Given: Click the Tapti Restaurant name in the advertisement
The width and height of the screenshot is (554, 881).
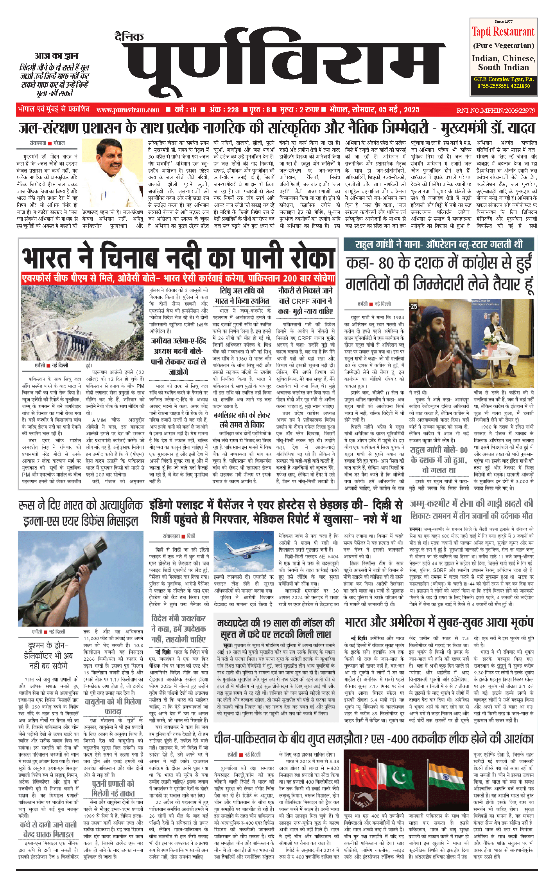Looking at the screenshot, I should click(503, 32).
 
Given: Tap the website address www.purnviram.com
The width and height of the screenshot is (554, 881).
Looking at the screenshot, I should click(128, 110).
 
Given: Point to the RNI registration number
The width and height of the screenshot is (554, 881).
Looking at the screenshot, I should click(495, 110).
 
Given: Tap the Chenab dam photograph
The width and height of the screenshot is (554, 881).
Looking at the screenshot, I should click(83, 323).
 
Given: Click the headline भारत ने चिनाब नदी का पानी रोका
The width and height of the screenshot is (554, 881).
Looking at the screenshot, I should click(179, 258).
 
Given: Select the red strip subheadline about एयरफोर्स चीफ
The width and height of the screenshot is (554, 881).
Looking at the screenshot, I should click(179, 279).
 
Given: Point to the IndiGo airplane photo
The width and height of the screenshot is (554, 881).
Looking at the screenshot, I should click(244, 552).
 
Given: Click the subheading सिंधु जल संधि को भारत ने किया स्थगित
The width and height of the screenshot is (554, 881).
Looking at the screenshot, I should click(242, 295).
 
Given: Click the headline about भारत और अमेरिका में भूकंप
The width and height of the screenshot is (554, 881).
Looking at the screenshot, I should click(439, 623).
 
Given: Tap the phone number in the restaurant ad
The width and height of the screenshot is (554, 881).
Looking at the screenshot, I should click(503, 86).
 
